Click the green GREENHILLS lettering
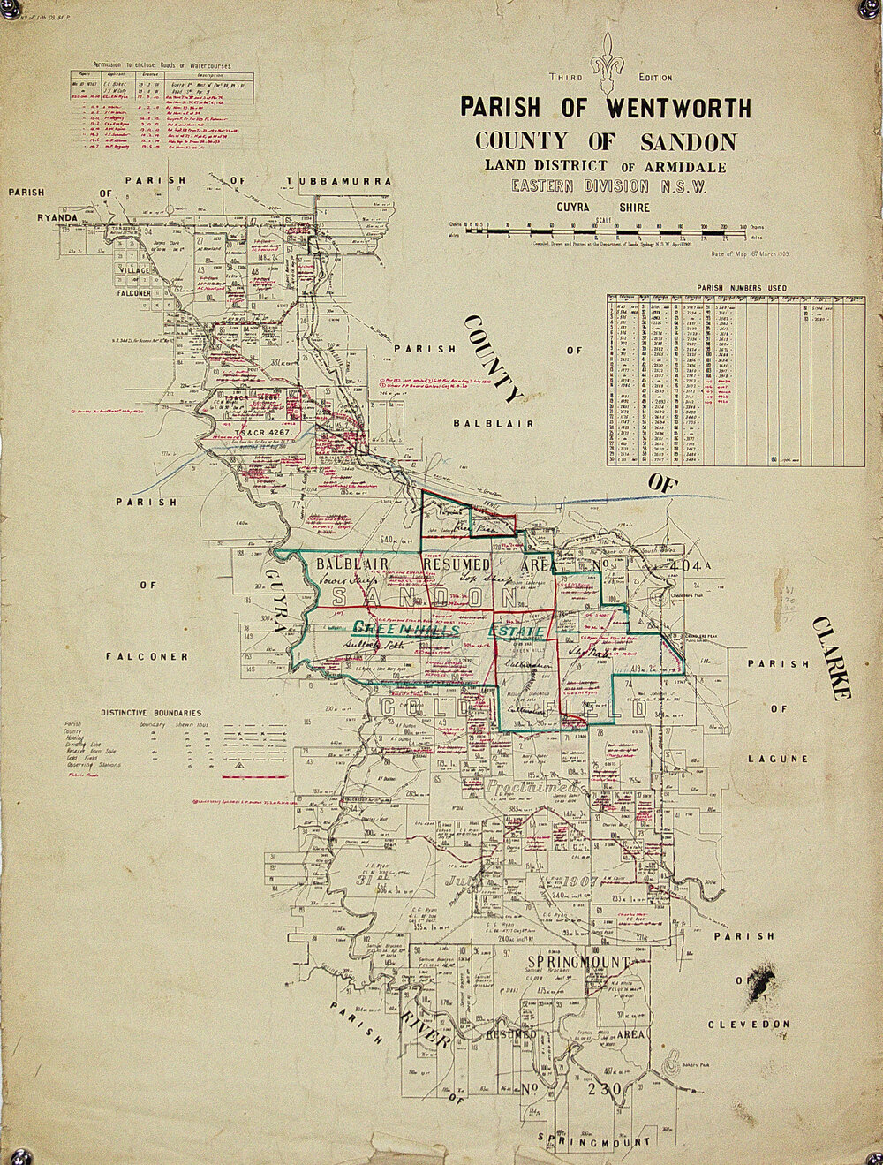(406, 630)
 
